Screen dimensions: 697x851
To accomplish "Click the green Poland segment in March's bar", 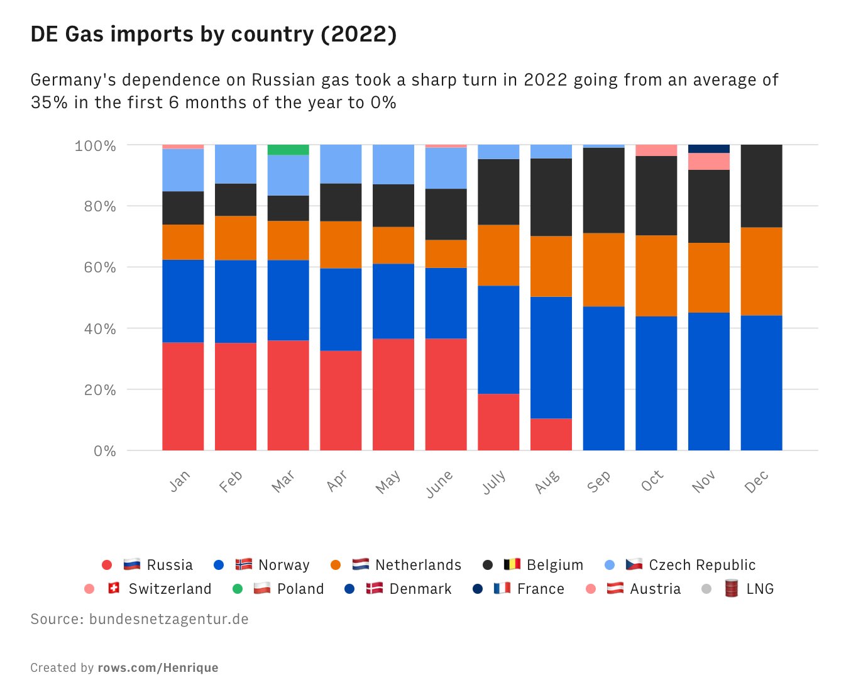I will (288, 150).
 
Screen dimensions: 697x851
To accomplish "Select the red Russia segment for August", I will (551, 434).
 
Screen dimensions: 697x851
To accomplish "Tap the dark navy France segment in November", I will (709, 148).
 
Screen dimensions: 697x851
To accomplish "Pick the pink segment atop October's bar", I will (656, 150).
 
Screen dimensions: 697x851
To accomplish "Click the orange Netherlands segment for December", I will (761, 271).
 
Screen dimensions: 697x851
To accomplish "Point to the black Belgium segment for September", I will (603, 190).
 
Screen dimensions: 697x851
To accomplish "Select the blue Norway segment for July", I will (498, 340).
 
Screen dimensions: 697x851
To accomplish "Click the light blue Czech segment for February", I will (236, 164).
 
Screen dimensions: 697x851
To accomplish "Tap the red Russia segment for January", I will (183, 396).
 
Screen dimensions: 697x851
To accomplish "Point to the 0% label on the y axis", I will (105, 451).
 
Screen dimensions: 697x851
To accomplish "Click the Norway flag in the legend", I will (244, 564).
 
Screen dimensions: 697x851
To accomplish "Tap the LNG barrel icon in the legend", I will (731, 588).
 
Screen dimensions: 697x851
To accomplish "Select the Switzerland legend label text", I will (170, 589).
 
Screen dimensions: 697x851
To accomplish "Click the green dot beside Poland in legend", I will (237, 589).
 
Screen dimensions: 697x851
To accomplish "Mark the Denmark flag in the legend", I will (375, 588).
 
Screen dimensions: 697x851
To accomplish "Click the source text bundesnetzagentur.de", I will (168, 619).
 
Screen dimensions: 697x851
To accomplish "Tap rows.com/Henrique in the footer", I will (158, 667).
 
